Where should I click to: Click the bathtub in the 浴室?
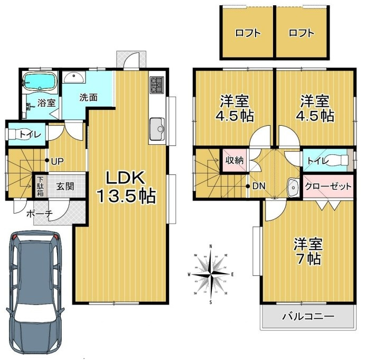point(40,82)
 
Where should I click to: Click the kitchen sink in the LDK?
point(157,128)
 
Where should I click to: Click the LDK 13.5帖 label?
point(125,187)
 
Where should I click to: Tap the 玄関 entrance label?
point(65,186)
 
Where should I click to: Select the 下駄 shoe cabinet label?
point(41,186)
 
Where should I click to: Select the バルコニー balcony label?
point(307,317)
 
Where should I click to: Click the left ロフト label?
point(248,33)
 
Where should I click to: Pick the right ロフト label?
point(302,33)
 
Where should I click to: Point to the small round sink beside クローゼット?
point(293,186)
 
